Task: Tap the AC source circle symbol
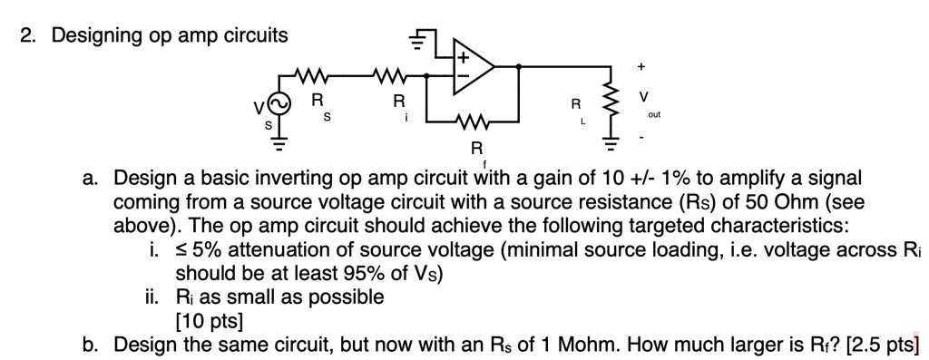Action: click(279, 106)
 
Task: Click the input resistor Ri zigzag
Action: click(396, 73)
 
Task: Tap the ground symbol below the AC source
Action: click(279, 141)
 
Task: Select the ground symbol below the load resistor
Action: click(611, 141)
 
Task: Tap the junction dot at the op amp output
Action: click(518, 66)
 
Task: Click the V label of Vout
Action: click(644, 96)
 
